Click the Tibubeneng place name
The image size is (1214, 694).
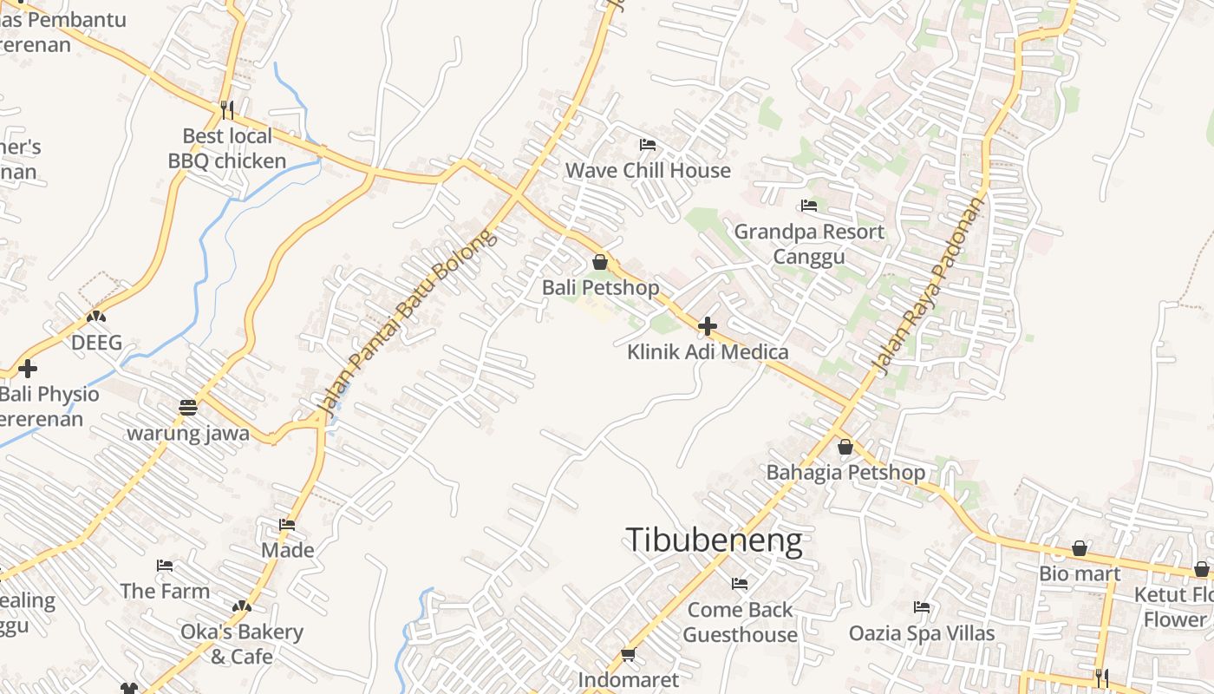pos(714,540)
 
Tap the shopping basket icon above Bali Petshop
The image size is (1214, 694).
pos(600,262)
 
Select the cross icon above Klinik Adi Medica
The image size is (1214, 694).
pos(708,326)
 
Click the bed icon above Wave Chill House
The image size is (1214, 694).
pos(648,144)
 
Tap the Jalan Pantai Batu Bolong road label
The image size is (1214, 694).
pos(408,321)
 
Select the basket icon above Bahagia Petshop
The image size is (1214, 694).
pos(845,447)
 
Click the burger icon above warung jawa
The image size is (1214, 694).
pos(188,407)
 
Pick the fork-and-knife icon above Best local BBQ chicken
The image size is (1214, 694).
pos(227,109)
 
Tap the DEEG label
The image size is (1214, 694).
pos(96,343)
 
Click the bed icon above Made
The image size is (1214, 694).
pos(287,524)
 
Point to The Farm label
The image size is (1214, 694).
pos(165,591)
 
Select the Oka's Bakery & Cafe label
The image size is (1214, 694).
pos(241,644)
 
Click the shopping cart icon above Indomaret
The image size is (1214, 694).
pos(628,654)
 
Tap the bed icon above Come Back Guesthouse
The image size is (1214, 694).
pos(740,584)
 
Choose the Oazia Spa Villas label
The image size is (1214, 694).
pos(922,633)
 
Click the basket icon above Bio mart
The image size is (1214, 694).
pos(1080,548)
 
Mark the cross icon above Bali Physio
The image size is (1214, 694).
pos(28,369)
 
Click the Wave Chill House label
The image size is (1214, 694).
pos(648,170)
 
